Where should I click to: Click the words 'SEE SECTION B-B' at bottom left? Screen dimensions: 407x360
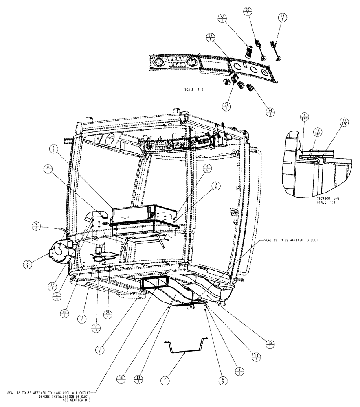pyautogui.click(x=78, y=401)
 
